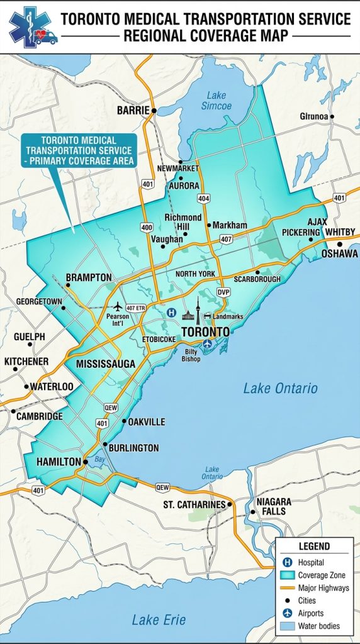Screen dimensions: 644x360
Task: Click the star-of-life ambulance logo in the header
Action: coord(31,28)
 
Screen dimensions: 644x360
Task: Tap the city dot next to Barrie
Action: coord(154,111)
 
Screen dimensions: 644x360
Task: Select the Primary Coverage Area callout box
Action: coord(77,151)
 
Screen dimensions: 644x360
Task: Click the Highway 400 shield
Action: coord(147,226)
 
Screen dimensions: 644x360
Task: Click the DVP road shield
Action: coord(223,292)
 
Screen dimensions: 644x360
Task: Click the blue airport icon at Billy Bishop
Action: coord(208,343)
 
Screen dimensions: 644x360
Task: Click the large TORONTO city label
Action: coord(205,331)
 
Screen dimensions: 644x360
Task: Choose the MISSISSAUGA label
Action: coord(105,364)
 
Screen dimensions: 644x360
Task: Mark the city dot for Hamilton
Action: coord(86,462)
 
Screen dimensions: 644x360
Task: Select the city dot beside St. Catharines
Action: coord(230,504)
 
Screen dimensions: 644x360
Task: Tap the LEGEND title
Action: coord(314,547)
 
